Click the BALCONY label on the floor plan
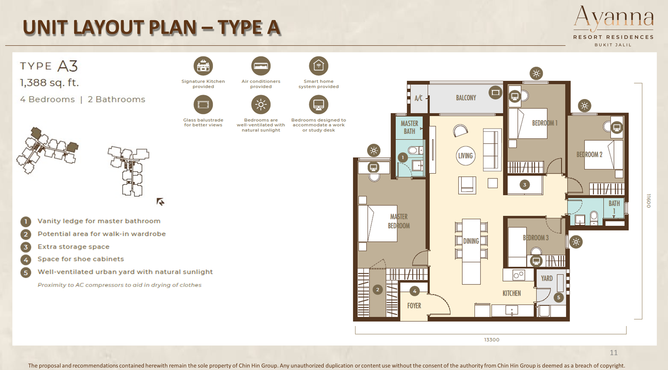point(466,98)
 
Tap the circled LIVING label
point(465,156)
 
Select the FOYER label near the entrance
point(414,306)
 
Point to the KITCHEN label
point(512,293)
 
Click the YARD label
point(547,278)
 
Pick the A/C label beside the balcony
point(419,98)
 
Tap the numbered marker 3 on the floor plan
point(525,185)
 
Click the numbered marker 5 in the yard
point(559,297)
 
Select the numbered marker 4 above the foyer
point(415,291)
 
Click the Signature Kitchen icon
point(203,66)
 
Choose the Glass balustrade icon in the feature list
point(203,105)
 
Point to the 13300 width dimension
point(492,340)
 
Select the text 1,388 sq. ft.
point(49,83)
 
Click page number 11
point(614,353)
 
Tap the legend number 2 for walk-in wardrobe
point(26,234)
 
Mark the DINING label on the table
point(471,241)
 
